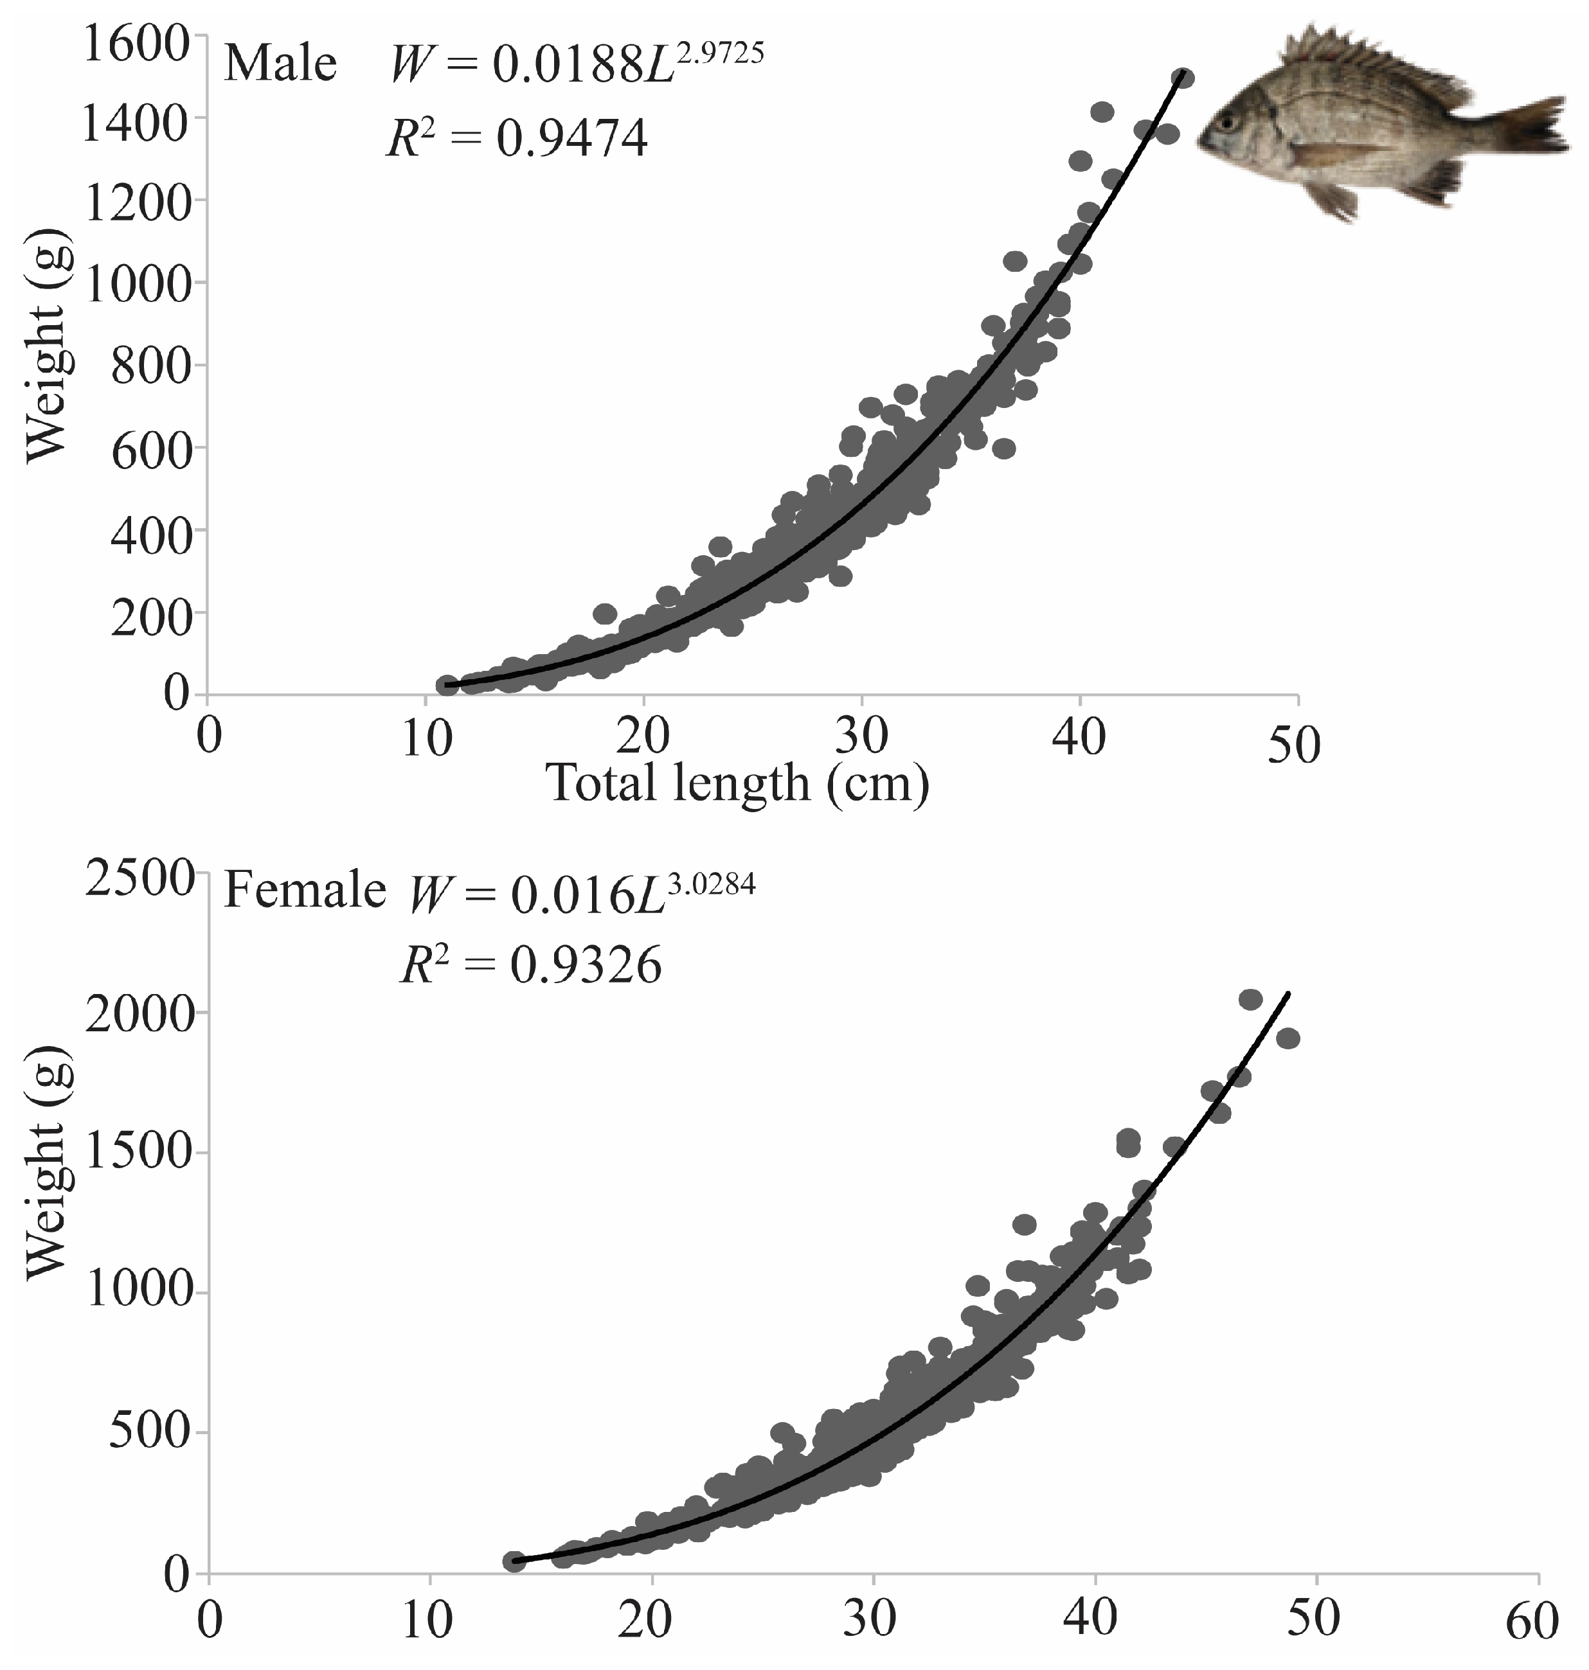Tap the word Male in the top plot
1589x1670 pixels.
pos(280,64)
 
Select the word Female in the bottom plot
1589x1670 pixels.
pos(305,891)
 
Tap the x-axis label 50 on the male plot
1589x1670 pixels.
pos(1294,746)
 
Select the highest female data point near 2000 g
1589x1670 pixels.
pos(1250,999)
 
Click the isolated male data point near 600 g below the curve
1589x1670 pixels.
pos(1003,448)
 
